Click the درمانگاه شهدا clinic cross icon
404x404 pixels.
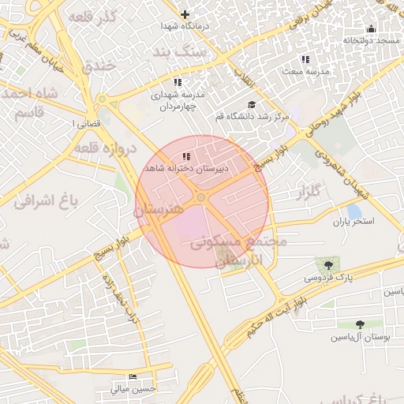coord(185,14)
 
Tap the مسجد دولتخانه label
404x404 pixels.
coord(372,39)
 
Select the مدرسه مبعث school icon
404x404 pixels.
coord(305,59)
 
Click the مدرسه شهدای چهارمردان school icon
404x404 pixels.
coord(178,82)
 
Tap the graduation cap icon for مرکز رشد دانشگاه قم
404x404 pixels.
coord(252,105)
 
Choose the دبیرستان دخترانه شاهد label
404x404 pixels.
coord(185,169)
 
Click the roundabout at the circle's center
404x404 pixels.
coord(202,196)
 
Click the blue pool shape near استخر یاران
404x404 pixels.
coord(354,211)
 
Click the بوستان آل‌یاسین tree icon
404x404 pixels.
coord(360,324)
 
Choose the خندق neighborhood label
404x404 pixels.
coord(99,65)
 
